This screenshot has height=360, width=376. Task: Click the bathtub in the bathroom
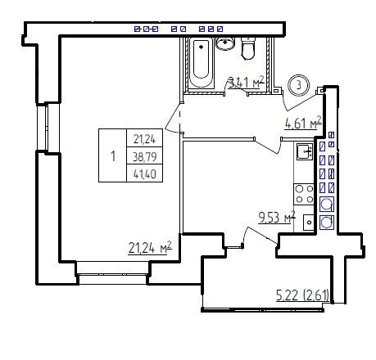click(201, 62)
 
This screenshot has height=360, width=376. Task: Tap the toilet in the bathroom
click(248, 48)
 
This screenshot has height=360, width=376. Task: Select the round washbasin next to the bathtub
click(225, 43)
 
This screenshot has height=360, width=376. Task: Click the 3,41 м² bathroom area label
click(247, 83)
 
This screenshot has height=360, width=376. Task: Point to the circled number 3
click(299, 85)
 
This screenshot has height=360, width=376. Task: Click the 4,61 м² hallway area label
click(303, 123)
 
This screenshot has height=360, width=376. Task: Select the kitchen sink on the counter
click(305, 151)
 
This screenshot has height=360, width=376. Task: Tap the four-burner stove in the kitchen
click(304, 194)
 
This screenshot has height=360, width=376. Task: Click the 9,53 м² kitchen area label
click(277, 218)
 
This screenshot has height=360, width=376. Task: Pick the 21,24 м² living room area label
click(150, 248)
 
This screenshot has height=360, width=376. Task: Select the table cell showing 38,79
click(145, 156)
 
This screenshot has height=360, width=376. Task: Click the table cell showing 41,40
click(145, 173)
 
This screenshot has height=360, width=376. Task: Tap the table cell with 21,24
click(145, 138)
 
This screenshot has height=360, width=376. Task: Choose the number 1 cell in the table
click(113, 155)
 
